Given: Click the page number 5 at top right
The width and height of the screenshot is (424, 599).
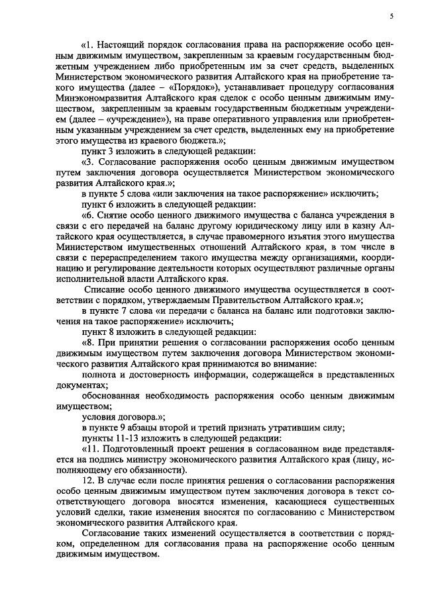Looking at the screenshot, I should point(392,16).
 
